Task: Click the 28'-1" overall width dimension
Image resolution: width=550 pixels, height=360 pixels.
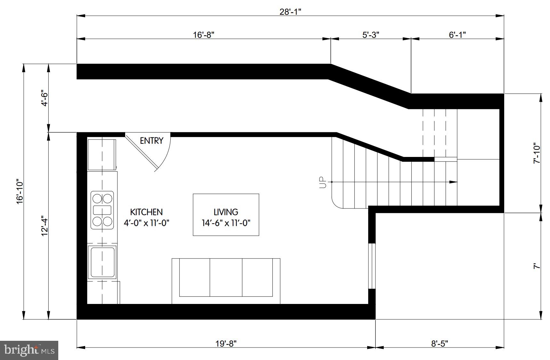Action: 290,12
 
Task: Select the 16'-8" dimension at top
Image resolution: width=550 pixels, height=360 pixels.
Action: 203,35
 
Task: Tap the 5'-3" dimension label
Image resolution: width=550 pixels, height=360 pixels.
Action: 371,35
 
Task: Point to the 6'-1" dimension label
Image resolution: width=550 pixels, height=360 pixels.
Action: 457,35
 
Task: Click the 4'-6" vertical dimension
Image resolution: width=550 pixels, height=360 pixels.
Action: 44,99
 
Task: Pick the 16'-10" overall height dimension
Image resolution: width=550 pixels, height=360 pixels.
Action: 20,191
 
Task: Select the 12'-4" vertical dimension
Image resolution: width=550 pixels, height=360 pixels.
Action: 44,226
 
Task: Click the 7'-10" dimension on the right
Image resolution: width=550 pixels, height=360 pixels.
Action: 537,153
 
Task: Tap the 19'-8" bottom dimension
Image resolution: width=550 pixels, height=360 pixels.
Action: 226,344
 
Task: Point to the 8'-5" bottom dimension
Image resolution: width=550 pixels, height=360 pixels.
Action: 439,344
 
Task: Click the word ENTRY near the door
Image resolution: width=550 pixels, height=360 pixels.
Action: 151,141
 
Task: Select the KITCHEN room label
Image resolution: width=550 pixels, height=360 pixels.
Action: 146,212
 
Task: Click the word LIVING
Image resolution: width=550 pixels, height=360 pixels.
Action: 226,212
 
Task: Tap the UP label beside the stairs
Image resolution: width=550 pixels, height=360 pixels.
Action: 323,182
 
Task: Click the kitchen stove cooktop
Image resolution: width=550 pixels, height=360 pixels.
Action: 102,210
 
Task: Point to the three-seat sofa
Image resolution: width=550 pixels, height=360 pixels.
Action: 226,281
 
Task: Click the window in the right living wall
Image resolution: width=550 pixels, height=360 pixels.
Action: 371,266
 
